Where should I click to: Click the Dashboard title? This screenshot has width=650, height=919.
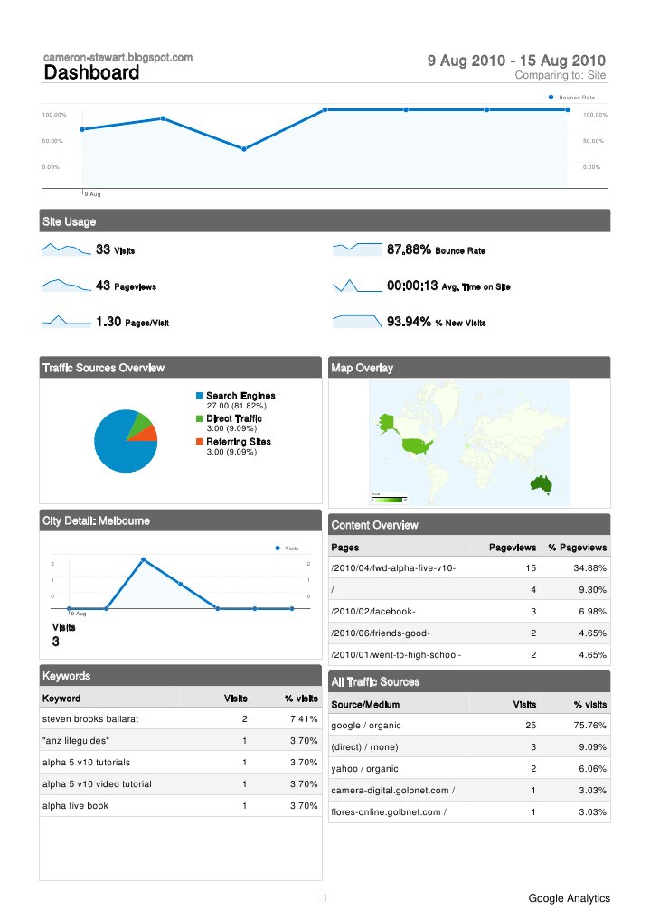91,73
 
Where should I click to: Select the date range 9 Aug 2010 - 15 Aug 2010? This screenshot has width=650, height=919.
516,61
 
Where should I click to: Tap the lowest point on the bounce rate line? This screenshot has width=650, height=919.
244,149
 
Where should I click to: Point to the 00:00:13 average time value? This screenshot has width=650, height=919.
412,286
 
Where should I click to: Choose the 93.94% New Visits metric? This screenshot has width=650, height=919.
409,322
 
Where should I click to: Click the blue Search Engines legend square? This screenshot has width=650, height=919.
200,396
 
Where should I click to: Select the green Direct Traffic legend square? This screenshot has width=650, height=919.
200,418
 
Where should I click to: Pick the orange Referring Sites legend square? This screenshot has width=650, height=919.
200,442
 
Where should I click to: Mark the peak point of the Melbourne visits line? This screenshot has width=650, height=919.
144,560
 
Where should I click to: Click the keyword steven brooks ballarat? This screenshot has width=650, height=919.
89,719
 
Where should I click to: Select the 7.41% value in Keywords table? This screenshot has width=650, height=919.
303,719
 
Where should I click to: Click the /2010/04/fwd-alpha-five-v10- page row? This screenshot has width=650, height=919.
393,568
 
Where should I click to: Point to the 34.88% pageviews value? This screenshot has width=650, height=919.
589,568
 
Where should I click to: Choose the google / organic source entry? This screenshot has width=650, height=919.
366,726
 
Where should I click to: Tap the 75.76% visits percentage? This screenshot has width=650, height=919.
589,726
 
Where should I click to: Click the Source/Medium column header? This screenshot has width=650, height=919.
366,704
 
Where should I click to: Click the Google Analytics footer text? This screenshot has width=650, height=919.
570,898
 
